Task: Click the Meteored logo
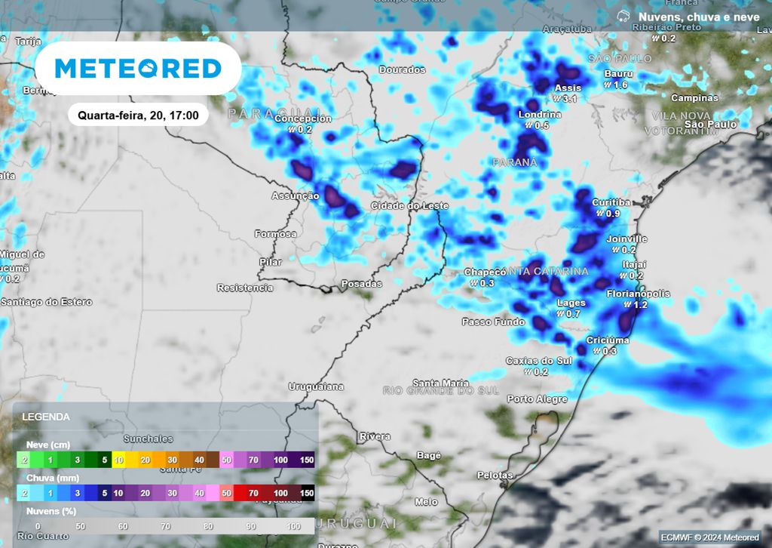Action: tap(138, 69)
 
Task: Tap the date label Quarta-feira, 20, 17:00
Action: tap(138, 115)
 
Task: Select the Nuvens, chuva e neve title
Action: tap(698, 16)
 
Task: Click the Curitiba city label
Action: tap(611, 202)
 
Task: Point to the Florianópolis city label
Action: tap(638, 294)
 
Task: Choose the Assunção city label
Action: tap(296, 195)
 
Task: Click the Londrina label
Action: tap(540, 115)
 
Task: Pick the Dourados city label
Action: tap(402, 70)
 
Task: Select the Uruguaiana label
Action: tap(316, 386)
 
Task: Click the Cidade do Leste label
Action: tap(409, 206)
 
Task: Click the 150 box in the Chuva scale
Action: tap(307, 493)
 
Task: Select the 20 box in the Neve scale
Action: tap(145, 460)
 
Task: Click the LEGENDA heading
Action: tap(46, 417)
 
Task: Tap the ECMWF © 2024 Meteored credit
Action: tap(710, 537)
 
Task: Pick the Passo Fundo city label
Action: tap(494, 322)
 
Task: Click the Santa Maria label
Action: tap(440, 383)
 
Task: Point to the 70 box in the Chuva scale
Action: tap(253, 493)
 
